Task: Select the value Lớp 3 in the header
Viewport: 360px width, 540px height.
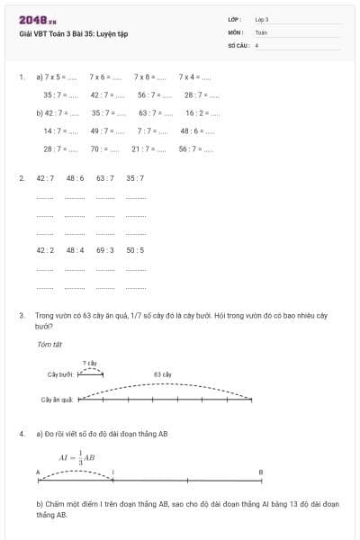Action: tap(262, 19)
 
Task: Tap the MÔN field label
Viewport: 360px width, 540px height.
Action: tap(236, 31)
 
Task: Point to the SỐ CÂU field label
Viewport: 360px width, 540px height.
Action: tap(238, 44)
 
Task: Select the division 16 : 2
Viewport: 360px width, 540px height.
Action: tap(196, 113)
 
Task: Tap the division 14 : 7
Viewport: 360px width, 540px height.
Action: tap(54, 130)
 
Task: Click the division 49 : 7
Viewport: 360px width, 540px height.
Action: tap(102, 130)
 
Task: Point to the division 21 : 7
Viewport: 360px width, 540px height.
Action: tap(142, 148)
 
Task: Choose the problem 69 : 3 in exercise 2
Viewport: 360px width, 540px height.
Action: tap(105, 250)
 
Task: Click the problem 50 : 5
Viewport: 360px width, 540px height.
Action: tap(135, 250)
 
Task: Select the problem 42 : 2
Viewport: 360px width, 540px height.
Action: tap(45, 250)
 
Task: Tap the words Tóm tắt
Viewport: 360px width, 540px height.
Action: tap(49, 344)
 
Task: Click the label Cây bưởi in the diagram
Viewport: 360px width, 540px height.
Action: tap(60, 373)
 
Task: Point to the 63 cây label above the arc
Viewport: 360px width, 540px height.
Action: tap(163, 373)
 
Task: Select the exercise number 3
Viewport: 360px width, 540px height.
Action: tap(21, 316)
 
